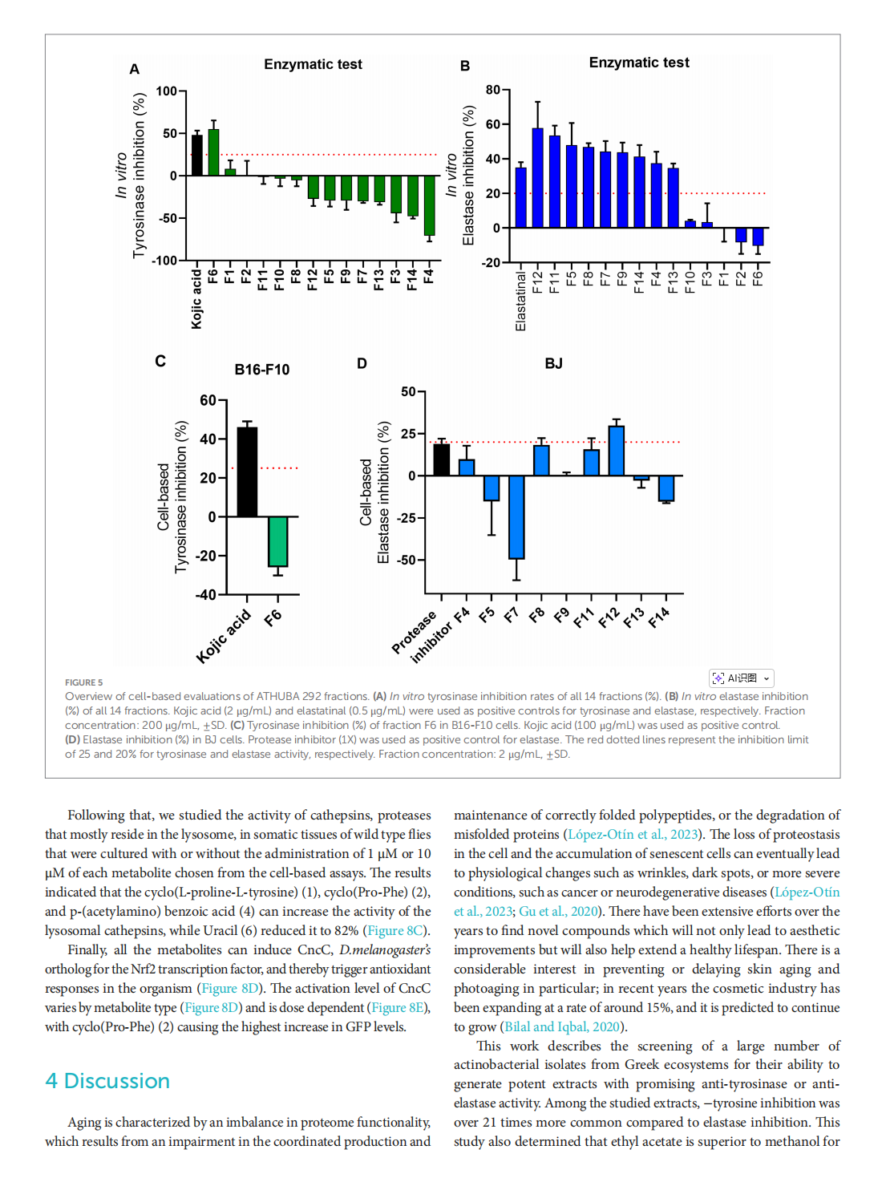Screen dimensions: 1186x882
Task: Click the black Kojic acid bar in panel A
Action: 196,156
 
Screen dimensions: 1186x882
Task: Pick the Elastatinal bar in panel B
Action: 520,197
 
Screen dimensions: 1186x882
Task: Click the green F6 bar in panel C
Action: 277,541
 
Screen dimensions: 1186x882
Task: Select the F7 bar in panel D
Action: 516,517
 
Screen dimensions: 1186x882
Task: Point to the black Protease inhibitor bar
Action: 441,459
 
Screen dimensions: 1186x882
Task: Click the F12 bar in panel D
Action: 616,451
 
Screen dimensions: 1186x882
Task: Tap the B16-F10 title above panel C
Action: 261,370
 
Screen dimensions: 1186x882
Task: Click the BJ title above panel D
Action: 553,364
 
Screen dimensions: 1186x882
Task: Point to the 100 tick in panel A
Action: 166,91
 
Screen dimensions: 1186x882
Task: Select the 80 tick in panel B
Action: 492,90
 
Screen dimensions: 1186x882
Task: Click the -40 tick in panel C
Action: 205,595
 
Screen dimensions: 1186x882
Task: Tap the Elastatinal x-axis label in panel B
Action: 520,301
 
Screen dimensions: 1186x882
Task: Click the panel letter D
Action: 362,364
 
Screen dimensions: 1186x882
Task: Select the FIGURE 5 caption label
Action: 83,682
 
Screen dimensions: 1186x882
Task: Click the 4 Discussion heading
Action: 107,1081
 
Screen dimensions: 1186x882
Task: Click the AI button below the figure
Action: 741,678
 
